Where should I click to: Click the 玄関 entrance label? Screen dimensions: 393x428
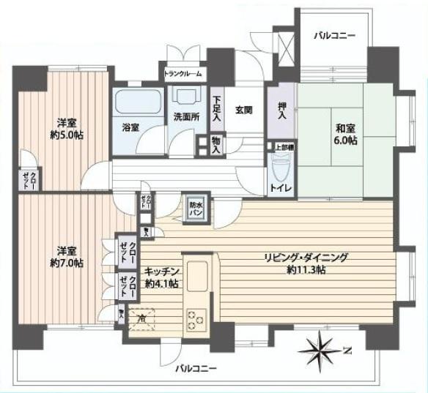(x=243, y=110)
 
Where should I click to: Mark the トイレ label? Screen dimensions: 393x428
(x=281, y=189)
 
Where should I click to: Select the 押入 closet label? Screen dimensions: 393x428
(x=282, y=112)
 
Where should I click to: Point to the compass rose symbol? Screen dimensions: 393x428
(x=321, y=347)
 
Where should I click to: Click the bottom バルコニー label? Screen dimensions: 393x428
(x=194, y=367)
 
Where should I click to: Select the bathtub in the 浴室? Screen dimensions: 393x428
(x=139, y=102)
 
